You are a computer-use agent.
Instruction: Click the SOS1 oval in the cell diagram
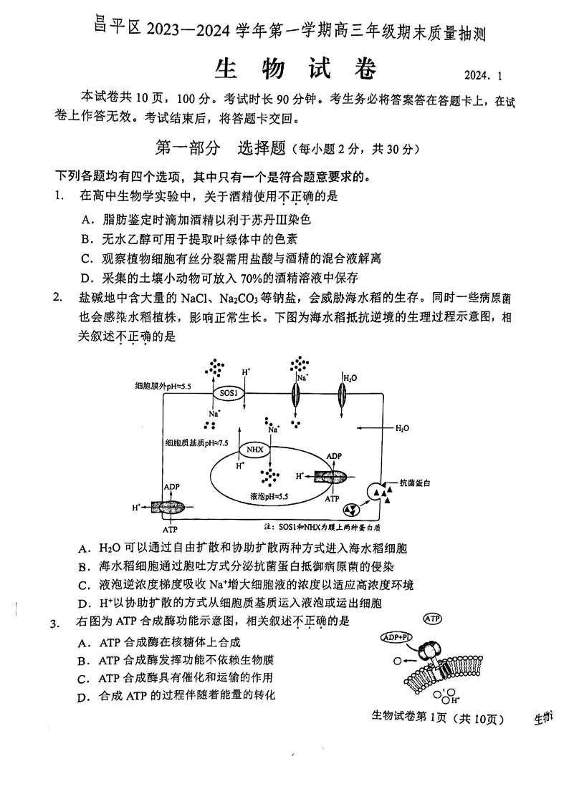tap(227, 393)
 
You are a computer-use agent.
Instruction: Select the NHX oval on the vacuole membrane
tap(254, 449)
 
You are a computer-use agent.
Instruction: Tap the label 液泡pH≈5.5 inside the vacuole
tap(269, 495)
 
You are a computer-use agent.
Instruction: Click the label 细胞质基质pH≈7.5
tap(196, 443)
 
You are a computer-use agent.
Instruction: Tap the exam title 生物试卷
tap(295, 69)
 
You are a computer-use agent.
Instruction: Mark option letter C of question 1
tap(85, 258)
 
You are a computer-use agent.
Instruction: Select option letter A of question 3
tap(85, 642)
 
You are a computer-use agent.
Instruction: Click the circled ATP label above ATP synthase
tap(434, 618)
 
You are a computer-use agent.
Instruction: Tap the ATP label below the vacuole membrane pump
tap(332, 498)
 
